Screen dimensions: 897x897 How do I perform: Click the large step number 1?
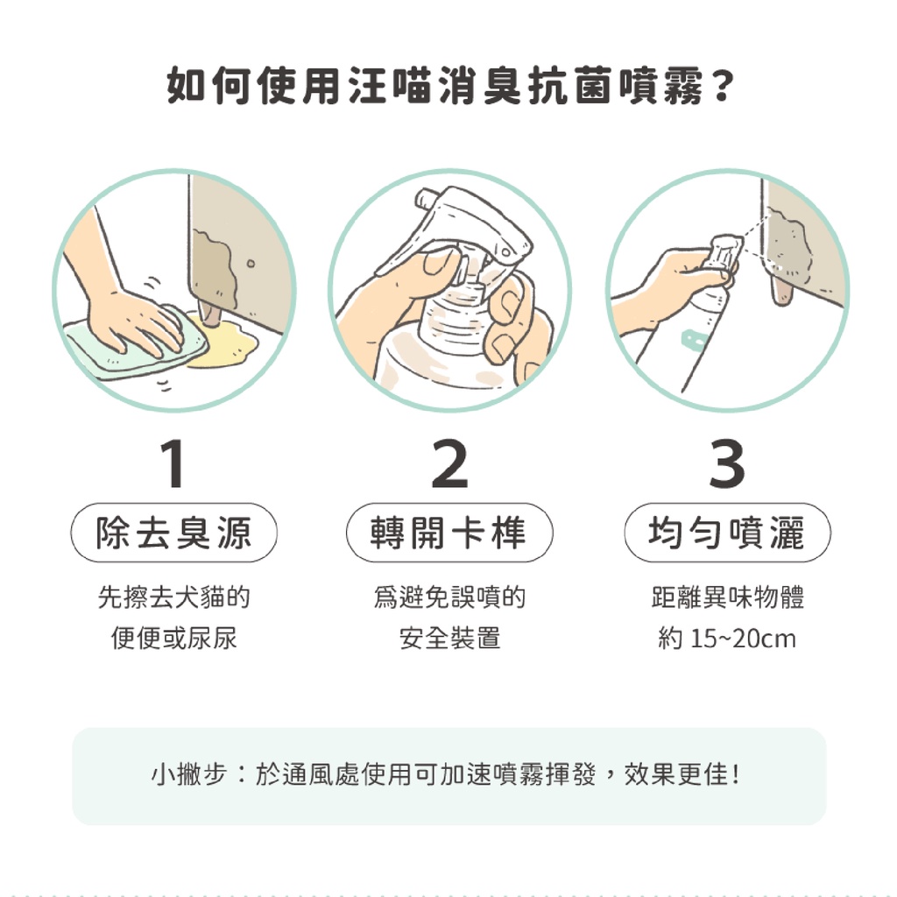click(173, 463)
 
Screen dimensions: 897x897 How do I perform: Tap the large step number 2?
click(449, 463)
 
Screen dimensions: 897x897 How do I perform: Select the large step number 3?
click(726, 463)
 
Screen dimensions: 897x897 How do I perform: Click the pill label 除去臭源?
click(174, 533)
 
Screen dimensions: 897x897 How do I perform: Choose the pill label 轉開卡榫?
click(449, 533)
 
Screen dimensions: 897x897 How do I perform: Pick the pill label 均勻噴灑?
click(727, 533)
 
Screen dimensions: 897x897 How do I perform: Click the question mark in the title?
click(722, 87)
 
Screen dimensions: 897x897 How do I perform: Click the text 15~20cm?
click(743, 639)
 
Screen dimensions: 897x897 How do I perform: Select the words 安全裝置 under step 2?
click(449, 639)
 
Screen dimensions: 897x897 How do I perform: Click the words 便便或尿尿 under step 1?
click(174, 639)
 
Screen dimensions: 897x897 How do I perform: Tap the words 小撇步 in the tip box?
click(189, 774)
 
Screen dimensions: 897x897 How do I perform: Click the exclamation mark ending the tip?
click(736, 774)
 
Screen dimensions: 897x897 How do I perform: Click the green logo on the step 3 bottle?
click(694, 341)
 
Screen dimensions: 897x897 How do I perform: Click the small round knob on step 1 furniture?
click(251, 263)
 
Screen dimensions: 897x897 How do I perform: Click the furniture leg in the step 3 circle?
click(781, 291)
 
